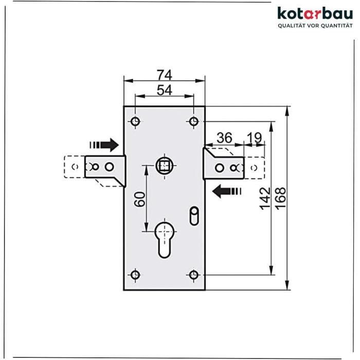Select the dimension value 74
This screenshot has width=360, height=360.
164,75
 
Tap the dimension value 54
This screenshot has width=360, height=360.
164,90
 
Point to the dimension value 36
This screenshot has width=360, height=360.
225,138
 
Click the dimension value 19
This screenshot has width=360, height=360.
254,138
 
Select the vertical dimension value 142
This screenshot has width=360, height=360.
264,198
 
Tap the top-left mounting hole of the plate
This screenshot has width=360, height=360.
135,122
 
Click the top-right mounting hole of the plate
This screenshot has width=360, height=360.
193,122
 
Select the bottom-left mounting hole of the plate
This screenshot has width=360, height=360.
135,274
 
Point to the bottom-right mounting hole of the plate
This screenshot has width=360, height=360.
193,274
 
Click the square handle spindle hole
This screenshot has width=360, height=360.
165,166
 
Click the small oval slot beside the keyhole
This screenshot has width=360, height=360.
194,215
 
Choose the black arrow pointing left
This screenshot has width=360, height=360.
226,192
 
